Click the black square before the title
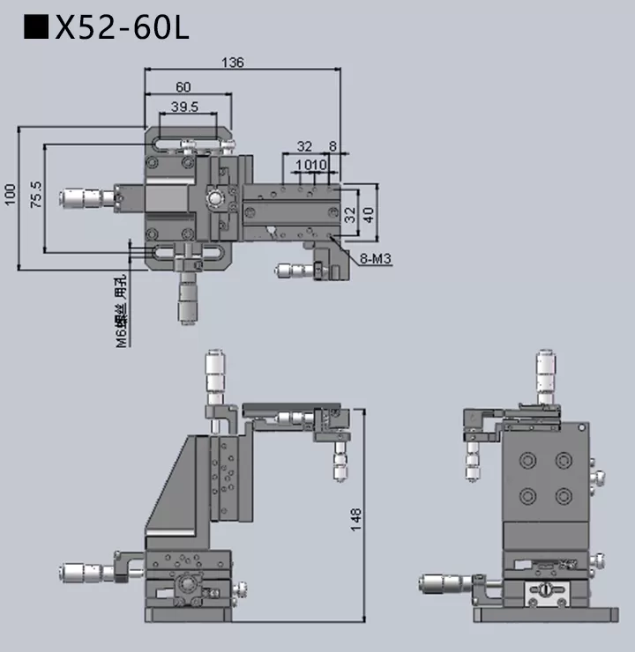tap(36, 28)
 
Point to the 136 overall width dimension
tap(233, 62)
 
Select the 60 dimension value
tap(183, 86)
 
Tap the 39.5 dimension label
tap(183, 107)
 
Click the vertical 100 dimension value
tap(10, 195)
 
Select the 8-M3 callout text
tap(376, 258)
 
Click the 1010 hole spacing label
tap(312, 165)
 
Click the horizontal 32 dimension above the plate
tap(304, 145)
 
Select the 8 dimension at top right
tap(332, 145)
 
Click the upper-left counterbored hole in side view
tap(528, 461)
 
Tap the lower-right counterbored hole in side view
tap(562, 494)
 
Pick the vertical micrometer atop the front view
tap(214, 374)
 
